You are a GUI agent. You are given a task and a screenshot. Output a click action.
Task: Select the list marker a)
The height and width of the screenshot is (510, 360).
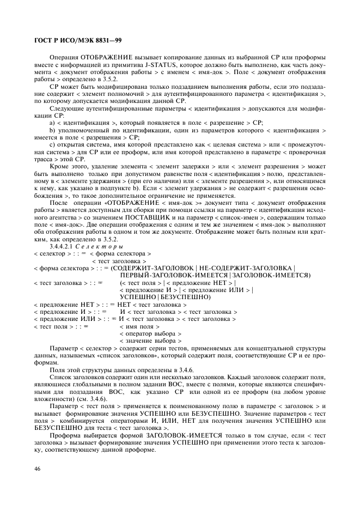pos(52,123)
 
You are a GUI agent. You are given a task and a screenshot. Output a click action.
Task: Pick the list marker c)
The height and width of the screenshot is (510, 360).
pos(52,144)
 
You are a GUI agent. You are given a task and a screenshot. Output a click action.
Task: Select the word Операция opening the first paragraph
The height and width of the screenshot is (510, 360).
pos(64,57)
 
